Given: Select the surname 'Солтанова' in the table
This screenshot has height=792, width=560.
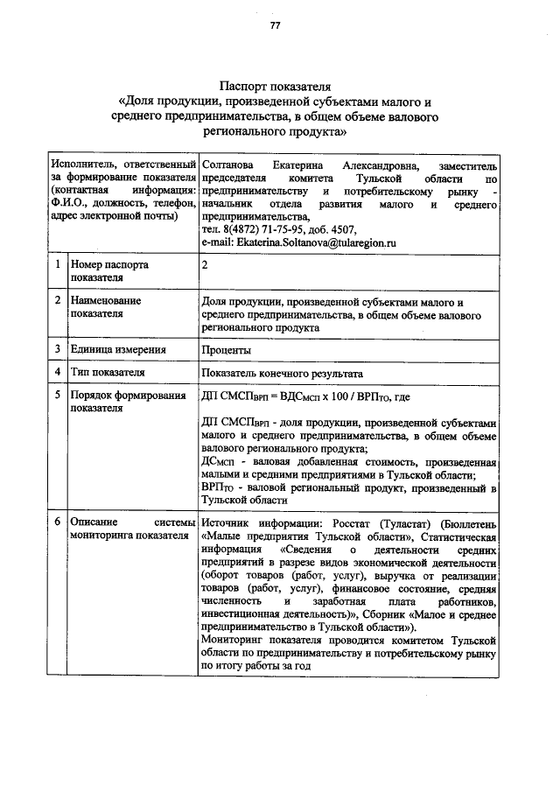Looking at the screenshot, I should (228, 165).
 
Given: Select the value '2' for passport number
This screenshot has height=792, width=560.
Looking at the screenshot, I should (205, 263).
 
